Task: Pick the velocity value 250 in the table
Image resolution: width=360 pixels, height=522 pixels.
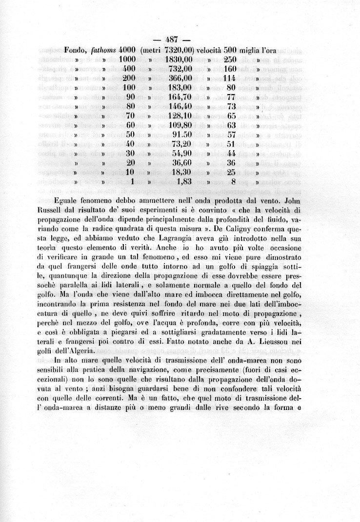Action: (230, 59)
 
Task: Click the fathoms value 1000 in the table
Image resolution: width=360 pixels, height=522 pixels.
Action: (127, 59)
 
